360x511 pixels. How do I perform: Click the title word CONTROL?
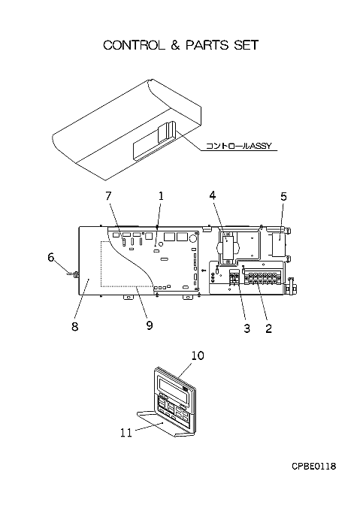pos(134,45)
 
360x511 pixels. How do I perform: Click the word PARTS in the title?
pos(207,45)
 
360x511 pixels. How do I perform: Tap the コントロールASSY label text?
pos(238,146)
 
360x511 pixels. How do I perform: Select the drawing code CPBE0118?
pos(313,467)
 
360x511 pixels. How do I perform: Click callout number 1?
pos(161,196)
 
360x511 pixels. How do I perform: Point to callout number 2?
pos(268,328)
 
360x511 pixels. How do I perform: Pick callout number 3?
pos(247,328)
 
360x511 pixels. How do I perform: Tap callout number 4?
pos(213,195)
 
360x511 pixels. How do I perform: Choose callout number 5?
pos(284,197)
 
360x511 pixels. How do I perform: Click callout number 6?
pos(51,258)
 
